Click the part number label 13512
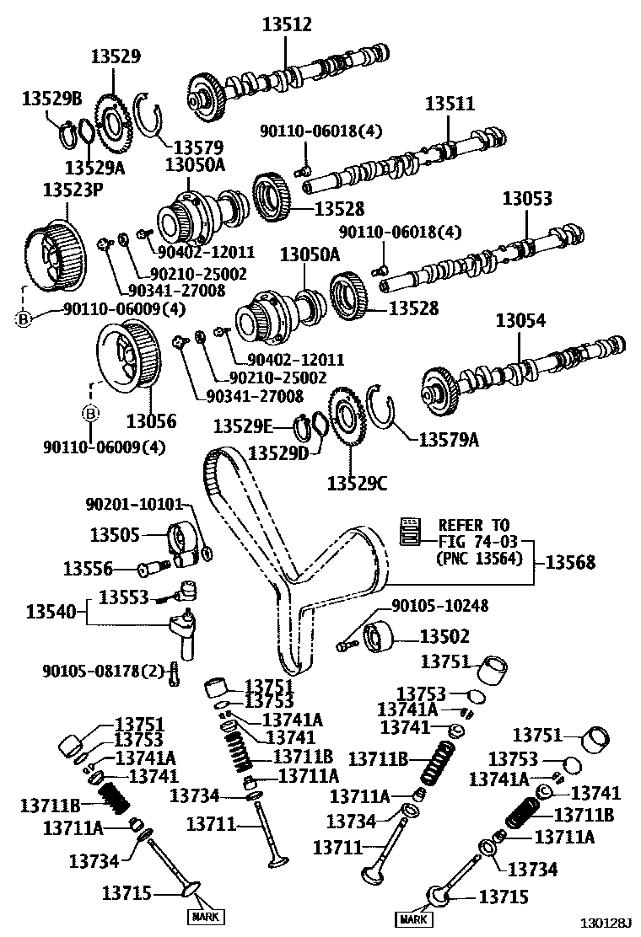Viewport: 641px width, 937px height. pyautogui.click(x=287, y=24)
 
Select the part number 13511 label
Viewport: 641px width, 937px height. pyautogui.click(x=450, y=104)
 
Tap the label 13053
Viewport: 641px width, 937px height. pyautogui.click(x=527, y=198)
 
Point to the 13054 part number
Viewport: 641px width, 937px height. pyautogui.click(x=520, y=321)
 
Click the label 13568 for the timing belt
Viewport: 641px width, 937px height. pyautogui.click(x=570, y=562)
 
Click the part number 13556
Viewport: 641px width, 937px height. pyautogui.click(x=88, y=569)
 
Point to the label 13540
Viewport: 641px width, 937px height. pyautogui.click(x=51, y=612)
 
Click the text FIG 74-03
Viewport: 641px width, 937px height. pyautogui.click(x=477, y=542)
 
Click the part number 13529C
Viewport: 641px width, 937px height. pyautogui.click(x=357, y=483)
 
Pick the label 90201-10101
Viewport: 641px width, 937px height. pyautogui.click(x=134, y=505)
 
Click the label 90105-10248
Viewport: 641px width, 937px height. pyautogui.click(x=440, y=606)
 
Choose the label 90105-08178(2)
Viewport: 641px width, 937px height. pyautogui.click(x=103, y=671)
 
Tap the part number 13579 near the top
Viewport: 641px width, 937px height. pyautogui.click(x=198, y=147)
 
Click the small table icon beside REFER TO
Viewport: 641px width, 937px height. pyautogui.click(x=410, y=531)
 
